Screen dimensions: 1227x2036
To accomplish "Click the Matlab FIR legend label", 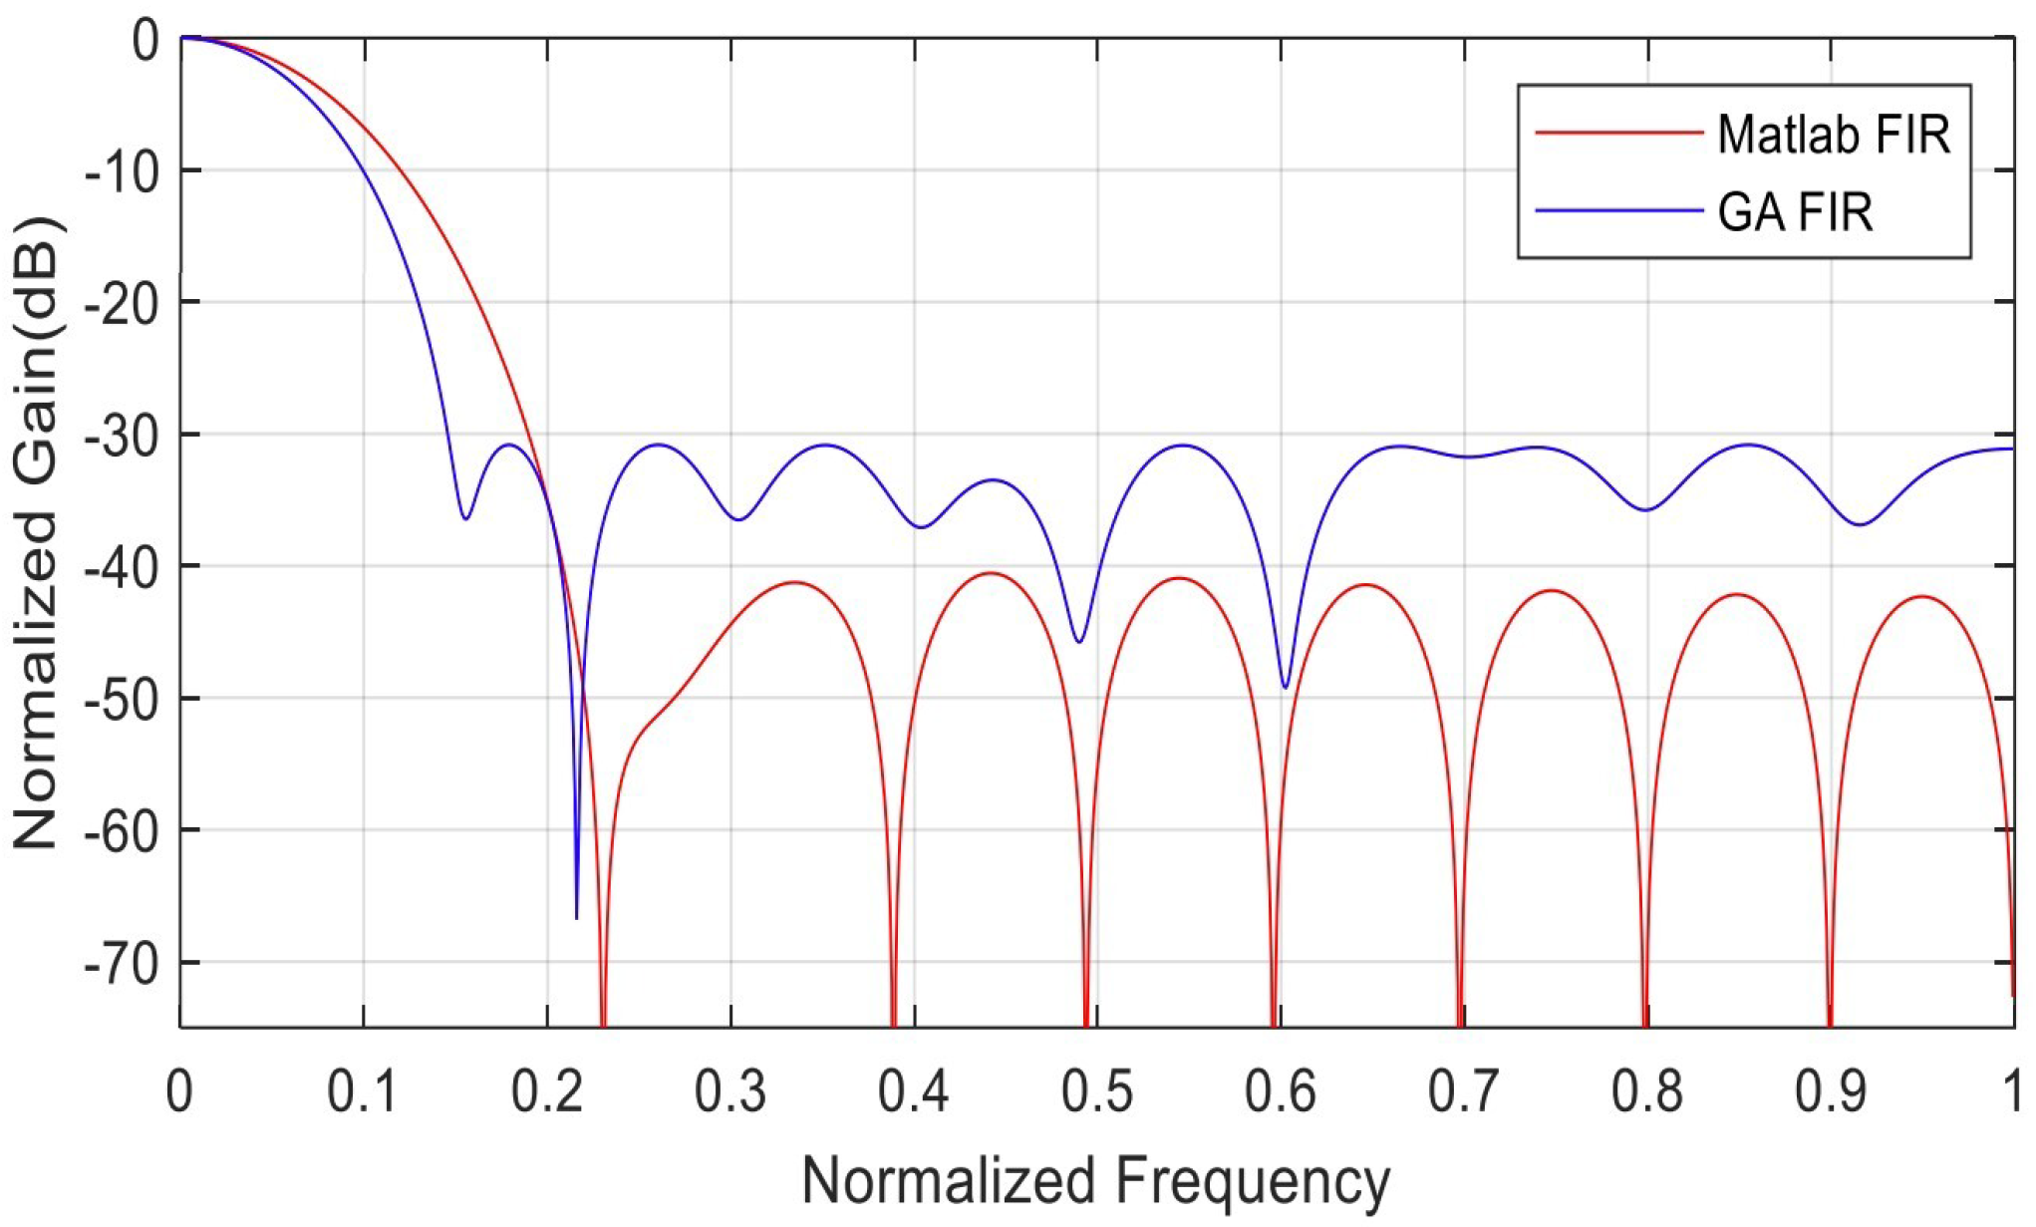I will click(1833, 134).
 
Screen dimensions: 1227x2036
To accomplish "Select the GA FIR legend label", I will click(1795, 212).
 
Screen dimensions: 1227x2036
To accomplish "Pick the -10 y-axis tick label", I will click(120, 172).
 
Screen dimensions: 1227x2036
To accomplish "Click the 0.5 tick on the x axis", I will click(1096, 1091).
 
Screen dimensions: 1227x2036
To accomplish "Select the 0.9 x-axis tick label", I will click(1830, 1091).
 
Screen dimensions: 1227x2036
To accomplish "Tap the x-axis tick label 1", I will click(2014, 1091).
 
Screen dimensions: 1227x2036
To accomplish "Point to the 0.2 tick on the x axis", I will click(546, 1091).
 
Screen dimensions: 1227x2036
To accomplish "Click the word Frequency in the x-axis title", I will click(1252, 1181).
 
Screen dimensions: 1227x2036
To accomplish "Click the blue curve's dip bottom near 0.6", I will click(1285, 687).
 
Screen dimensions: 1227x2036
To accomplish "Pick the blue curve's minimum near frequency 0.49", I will click(1079, 642).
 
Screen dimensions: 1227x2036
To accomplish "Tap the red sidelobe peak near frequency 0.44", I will click(991, 573).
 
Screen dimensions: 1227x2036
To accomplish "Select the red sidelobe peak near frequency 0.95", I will click(1921, 596).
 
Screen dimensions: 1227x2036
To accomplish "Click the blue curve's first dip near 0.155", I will click(465, 518).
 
